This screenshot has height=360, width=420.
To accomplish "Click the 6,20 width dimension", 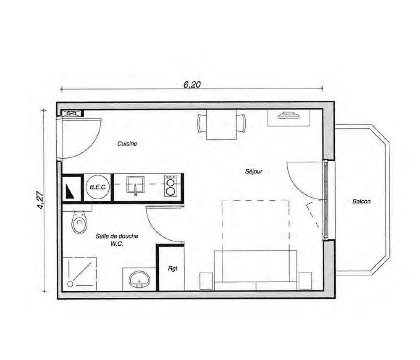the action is pos(192,84).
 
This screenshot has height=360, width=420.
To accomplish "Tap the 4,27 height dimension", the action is pos(40,200).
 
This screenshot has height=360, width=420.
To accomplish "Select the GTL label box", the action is pos(72,113).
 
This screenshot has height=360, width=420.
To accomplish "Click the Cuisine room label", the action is pos(127,144).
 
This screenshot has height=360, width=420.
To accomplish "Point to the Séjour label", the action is pos(254,171).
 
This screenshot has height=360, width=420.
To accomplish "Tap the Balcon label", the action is pos(361,202).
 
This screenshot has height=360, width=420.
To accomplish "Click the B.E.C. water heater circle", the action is pos(98,187).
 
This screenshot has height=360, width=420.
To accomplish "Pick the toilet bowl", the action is pos(79,222).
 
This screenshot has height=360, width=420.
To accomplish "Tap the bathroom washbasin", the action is pos(139,279).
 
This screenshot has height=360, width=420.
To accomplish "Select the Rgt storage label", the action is pos(173,268).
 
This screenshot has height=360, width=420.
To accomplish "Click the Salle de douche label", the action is pos(117,236).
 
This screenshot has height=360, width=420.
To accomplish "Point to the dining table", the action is pos(221,125).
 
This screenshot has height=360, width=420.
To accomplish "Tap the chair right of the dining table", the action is pos(241,123).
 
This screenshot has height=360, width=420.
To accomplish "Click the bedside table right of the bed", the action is pos(305,281).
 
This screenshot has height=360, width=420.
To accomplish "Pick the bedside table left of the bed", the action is pos(207,281).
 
